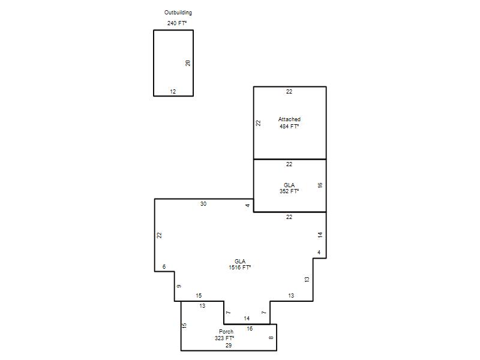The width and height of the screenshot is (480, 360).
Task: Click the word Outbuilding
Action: coord(178,13)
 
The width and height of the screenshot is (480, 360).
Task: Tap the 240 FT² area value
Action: coord(177,23)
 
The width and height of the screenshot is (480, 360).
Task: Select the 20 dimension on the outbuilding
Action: coord(188,63)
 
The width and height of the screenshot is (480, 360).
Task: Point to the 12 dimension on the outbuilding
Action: coord(173,91)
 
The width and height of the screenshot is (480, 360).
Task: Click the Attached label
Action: coord(289,119)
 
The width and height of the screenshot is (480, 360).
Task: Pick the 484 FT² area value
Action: coord(289,126)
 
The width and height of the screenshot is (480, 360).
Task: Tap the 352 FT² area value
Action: coord(289,191)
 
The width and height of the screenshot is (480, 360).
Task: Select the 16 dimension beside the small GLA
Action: coord(320,185)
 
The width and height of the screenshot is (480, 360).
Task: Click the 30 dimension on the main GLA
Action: coord(203,203)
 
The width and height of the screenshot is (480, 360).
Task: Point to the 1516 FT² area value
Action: coord(240,267)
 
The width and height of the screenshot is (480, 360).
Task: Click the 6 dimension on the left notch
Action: coord(164,266)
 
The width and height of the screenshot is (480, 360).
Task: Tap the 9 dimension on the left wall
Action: coord(179,286)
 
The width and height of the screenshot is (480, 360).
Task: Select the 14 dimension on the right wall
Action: coord(320,235)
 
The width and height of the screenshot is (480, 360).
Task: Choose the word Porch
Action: coord(226,332)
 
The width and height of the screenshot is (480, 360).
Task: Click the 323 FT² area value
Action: coord(224,338)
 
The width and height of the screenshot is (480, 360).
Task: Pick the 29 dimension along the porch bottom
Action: coord(229,346)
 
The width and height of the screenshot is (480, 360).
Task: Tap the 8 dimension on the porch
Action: coord(271,338)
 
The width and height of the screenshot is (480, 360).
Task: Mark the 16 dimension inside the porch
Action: coord(250,328)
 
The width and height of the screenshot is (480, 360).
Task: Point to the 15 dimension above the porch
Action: coord(199,295)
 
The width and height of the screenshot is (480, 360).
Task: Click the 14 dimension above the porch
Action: coord(247,319)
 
